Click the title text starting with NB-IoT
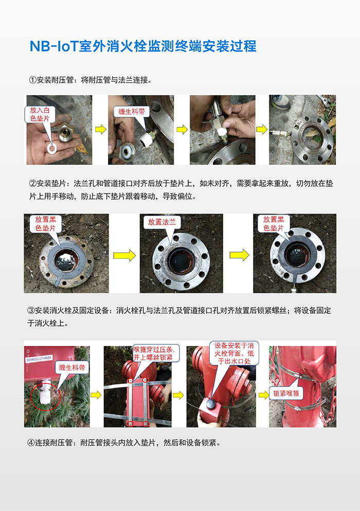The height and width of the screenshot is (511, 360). point(142,46)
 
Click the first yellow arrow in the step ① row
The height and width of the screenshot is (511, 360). point(100,129)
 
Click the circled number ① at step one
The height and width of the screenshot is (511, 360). point(32,80)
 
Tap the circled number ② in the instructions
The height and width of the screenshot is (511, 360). point(32,183)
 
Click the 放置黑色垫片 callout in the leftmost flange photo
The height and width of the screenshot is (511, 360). point(45,223)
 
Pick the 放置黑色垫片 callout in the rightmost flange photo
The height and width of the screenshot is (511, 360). point(274,223)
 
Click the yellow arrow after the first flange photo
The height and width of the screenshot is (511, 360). point(124,255)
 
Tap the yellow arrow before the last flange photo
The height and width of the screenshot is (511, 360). point(239,255)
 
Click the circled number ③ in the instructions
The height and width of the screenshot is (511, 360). point(32,311)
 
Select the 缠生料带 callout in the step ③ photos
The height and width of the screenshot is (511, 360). point(75,367)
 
